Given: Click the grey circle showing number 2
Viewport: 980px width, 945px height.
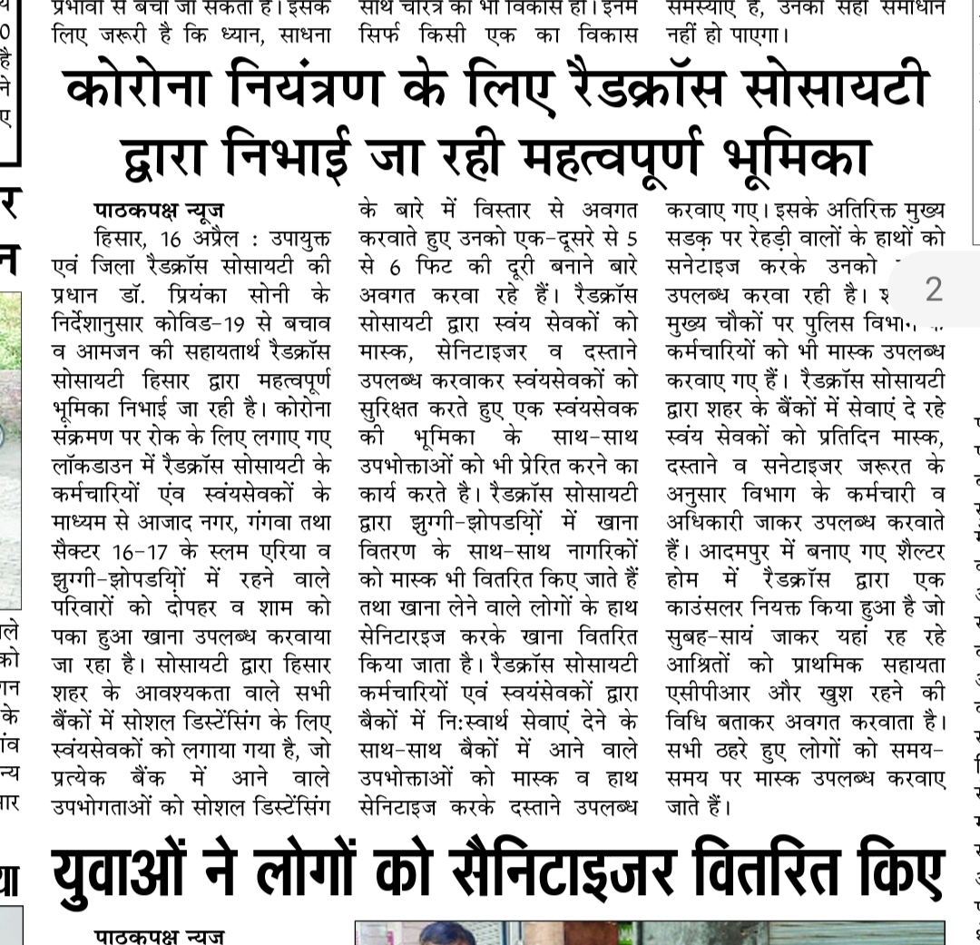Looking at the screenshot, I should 934,290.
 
